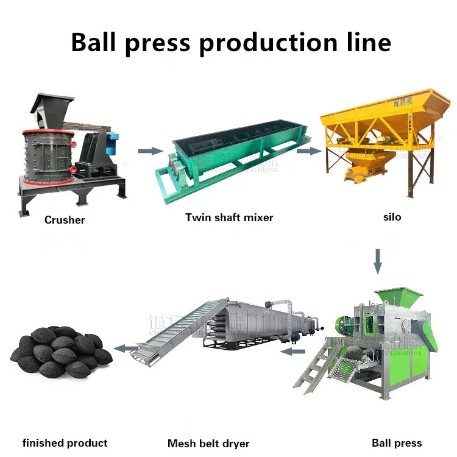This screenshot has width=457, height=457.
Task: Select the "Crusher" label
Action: [x=65, y=220]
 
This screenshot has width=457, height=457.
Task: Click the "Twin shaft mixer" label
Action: [x=229, y=217]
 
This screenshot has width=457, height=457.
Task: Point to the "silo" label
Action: [x=392, y=217]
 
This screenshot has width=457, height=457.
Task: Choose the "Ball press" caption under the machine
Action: [x=397, y=443]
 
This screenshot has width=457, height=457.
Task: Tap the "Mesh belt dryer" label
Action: [x=208, y=444]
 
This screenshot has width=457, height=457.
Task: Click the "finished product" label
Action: [x=65, y=443]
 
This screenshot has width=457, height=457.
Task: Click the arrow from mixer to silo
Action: [x=308, y=151]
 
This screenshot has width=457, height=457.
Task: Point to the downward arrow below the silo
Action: [x=378, y=260]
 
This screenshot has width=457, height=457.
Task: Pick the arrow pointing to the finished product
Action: [x=127, y=349]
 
